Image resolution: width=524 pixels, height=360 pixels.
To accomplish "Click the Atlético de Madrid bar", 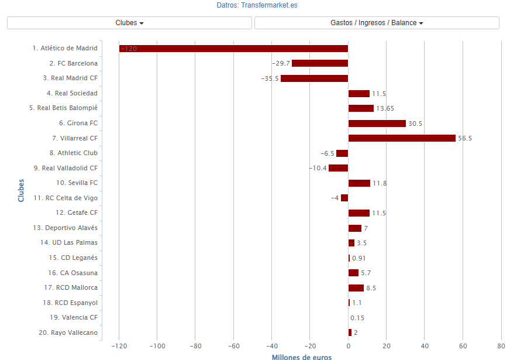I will pos(233,49).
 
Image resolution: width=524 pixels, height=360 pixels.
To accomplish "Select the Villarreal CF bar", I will pos(402,138).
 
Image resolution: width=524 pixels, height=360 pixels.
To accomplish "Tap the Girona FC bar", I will pos(377,124).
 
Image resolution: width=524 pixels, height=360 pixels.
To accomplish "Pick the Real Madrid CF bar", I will pos(314,78).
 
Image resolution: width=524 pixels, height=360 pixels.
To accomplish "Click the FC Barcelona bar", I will pos(320,63).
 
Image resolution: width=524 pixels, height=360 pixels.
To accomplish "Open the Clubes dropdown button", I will pos(129,23).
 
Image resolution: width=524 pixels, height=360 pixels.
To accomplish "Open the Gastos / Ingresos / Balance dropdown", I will pos(377,23).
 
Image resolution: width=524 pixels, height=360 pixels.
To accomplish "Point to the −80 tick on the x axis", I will pos(195,346).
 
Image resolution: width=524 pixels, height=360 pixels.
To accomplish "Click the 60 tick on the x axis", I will pos(463,346).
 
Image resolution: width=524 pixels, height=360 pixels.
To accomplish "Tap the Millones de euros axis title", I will pos(302,356).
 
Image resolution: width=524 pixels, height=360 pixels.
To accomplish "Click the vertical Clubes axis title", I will pos(22,190).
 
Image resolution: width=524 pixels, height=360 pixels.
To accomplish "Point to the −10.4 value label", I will pos(318,169).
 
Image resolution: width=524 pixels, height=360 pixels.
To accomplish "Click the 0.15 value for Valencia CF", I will pos(357,318).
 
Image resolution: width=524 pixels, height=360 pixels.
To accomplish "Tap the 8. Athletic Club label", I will pos(73,153).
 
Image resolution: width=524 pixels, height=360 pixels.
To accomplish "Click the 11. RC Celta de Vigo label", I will pos(65,198).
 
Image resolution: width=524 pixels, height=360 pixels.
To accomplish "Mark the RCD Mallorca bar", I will pos(356,288).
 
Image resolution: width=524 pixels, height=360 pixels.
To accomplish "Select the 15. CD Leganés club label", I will pos(73,258).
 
